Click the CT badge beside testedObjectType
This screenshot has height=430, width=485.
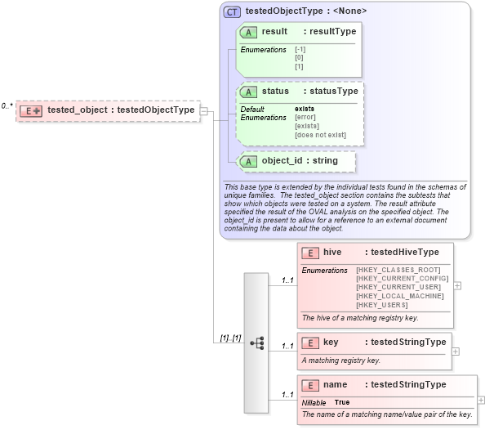coord(232,11)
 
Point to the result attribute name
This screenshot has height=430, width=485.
coord(274,31)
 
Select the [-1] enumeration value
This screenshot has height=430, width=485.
coord(300,50)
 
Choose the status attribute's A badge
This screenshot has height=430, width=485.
coord(249,92)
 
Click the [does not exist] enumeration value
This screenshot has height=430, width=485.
coord(320,135)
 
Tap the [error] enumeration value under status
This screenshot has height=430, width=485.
coord(306,118)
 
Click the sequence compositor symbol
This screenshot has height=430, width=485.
coord(256,343)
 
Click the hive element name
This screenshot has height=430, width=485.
coord(332,253)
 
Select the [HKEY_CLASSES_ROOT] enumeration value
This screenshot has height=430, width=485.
coord(398,270)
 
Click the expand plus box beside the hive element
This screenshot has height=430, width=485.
coord(457,286)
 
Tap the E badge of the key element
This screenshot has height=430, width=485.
coord(309,343)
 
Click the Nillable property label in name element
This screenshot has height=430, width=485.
coord(314,403)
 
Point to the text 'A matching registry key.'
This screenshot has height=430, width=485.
coord(341,360)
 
